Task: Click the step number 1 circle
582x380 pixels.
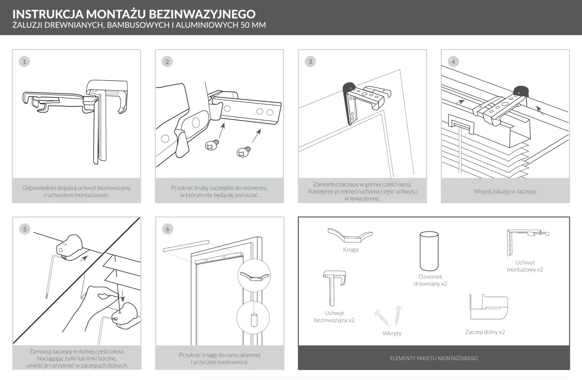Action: [25, 62]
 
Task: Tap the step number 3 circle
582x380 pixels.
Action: [310, 62]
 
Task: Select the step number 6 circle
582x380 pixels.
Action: [168, 229]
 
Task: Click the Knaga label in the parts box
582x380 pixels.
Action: [351, 250]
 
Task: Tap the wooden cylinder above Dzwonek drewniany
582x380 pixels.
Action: [429, 251]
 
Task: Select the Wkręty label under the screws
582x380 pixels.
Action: [392, 333]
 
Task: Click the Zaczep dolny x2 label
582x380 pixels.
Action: [485, 332]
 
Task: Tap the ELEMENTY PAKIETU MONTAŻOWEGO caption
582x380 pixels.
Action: [434, 358]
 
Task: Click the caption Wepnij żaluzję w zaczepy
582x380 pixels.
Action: [505, 192]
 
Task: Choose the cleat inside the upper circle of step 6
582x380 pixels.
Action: [254, 276]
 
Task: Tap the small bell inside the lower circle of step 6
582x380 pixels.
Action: [254, 320]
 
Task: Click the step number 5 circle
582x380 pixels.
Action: [25, 229]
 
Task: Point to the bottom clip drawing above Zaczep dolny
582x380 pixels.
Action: [488, 307]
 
